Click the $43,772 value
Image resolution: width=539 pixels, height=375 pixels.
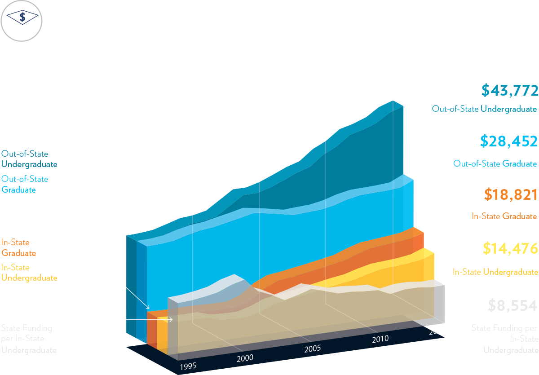point(509,91)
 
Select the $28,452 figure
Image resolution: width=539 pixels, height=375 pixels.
point(508,141)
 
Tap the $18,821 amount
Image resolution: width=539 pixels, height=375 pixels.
point(511,195)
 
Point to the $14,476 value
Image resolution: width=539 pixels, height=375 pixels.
point(510,248)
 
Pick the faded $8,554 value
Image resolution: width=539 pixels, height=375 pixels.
point(512,306)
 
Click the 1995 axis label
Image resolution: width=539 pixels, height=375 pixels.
point(188,366)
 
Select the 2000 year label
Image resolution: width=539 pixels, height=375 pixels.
point(245,358)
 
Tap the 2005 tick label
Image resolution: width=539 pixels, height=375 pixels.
point(313,349)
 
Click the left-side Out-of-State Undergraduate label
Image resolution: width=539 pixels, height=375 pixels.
point(29,159)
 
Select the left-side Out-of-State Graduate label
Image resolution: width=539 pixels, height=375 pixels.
point(25,184)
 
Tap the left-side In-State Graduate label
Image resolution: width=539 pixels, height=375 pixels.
point(18,247)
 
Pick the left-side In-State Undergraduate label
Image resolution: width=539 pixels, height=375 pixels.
point(29,273)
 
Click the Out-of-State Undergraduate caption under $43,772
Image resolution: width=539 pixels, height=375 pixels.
point(484,109)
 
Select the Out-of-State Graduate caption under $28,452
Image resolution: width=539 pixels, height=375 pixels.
point(495,164)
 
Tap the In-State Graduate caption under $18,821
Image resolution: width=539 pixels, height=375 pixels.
point(504,216)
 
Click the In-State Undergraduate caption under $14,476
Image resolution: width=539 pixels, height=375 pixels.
point(495,272)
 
